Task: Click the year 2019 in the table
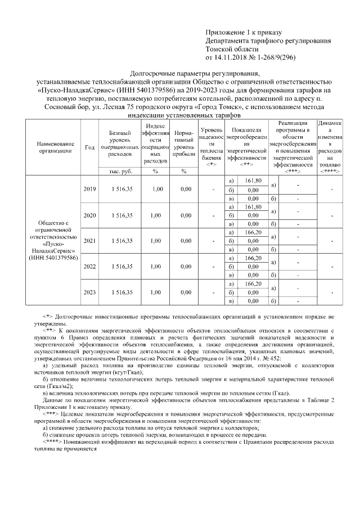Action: tap(89, 189)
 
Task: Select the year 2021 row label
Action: tap(89, 240)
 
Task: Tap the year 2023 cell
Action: tap(89, 292)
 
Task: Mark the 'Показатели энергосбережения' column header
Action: tap(246, 143)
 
